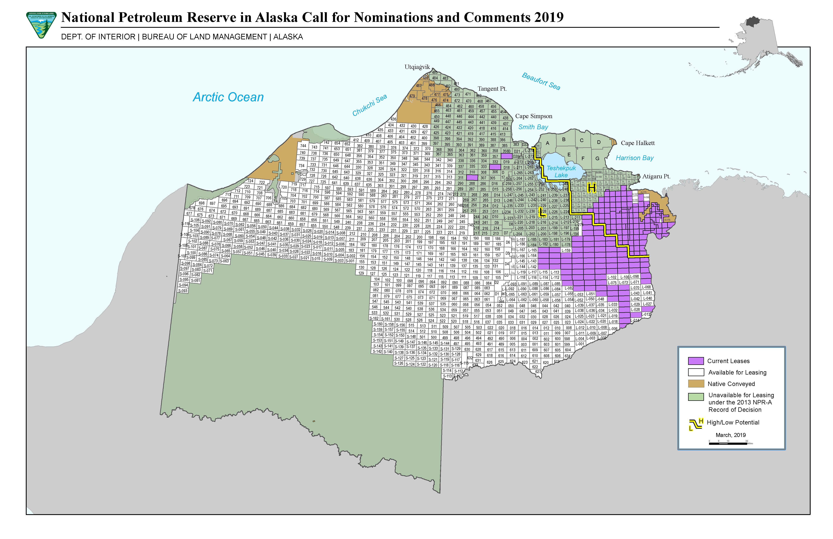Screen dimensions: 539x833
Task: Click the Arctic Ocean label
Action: pyautogui.click(x=228, y=97)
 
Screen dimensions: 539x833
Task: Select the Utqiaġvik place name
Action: pyautogui.click(x=417, y=67)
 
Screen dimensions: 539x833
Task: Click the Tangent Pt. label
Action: pyautogui.click(x=492, y=89)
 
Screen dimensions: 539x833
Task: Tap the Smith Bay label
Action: pyautogui.click(x=533, y=127)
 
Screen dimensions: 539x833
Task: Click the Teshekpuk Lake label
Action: pyautogui.click(x=561, y=171)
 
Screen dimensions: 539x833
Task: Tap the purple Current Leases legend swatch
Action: pyautogui.click(x=695, y=361)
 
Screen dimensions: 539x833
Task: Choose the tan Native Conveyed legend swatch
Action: pyautogui.click(x=695, y=384)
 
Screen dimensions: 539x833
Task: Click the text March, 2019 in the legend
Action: pyautogui.click(x=730, y=435)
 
